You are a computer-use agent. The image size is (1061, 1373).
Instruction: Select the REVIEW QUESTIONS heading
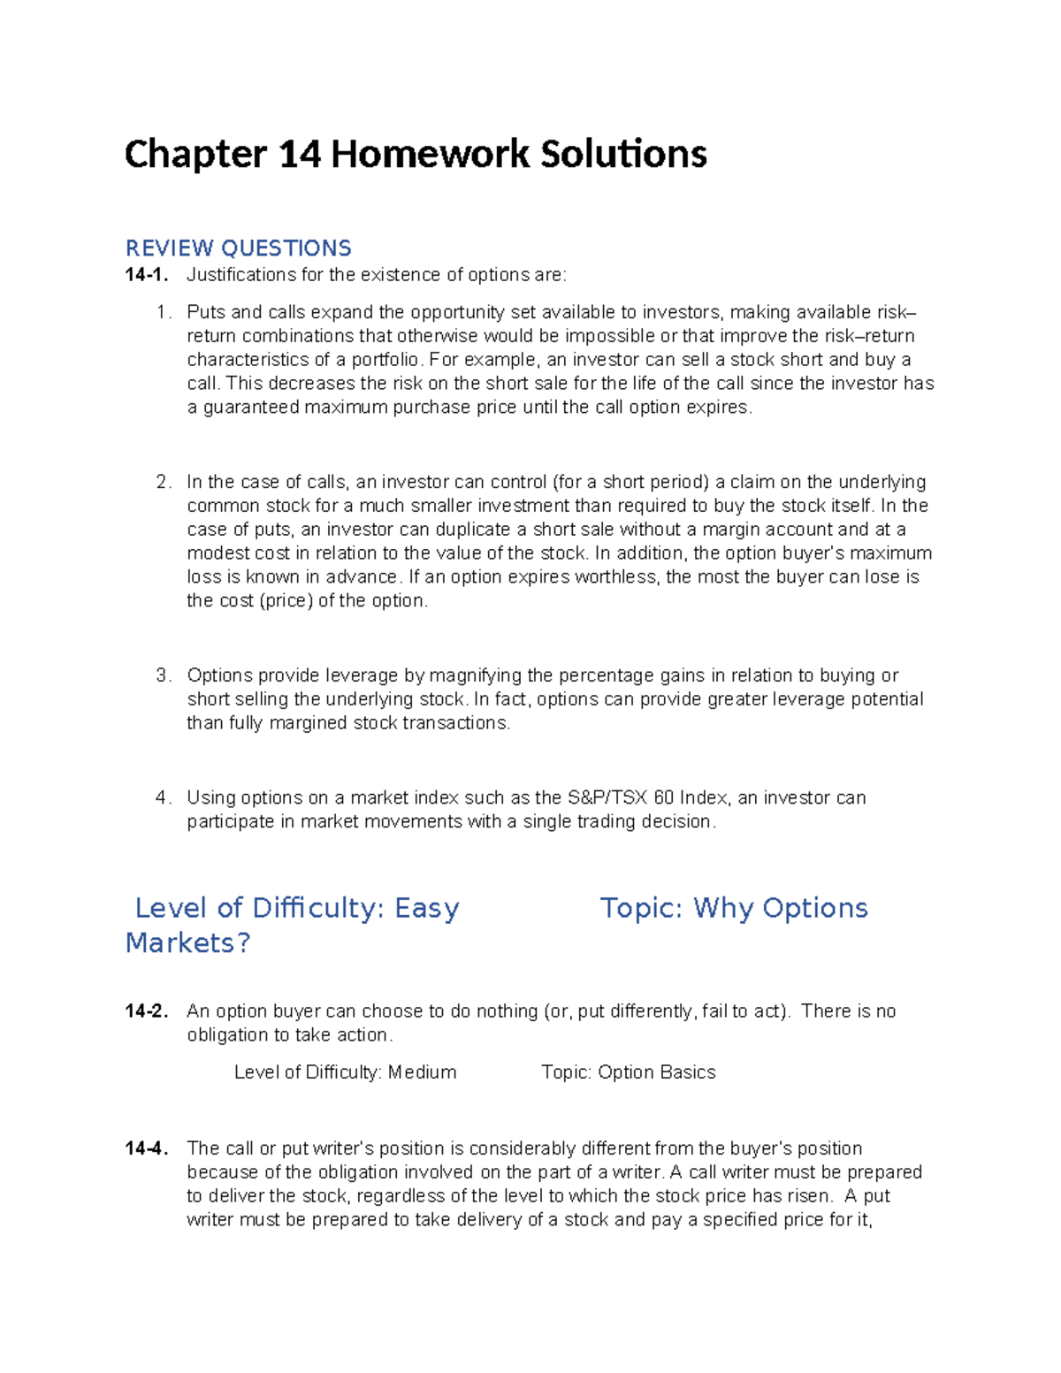238,248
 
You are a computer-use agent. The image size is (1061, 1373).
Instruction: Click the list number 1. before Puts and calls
162,312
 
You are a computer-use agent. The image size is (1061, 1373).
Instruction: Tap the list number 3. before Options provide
162,675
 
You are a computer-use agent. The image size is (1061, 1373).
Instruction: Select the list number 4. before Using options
162,797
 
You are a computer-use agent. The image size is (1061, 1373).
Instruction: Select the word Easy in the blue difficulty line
427,908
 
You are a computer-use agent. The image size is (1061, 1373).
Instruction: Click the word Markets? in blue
187,943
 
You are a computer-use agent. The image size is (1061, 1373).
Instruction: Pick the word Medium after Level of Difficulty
422,1072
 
